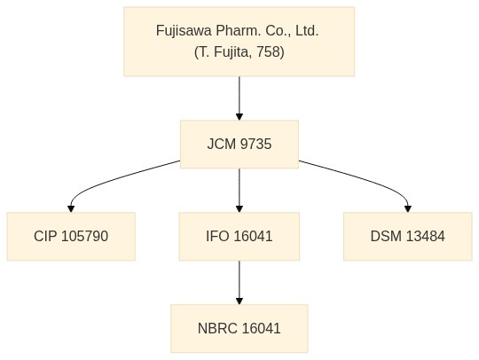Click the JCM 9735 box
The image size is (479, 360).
[x=239, y=145]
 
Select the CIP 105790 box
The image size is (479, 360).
[x=71, y=237]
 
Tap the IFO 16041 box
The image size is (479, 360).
[x=239, y=237]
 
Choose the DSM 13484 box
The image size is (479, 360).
[x=407, y=237]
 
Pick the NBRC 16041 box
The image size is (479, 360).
[x=239, y=329]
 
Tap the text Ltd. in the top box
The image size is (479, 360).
[x=307, y=31]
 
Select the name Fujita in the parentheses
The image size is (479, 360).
[x=232, y=51]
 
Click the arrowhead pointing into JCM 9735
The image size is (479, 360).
[x=239, y=117]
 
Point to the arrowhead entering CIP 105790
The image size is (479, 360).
[x=71, y=209]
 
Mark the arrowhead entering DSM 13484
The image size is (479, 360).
[x=407, y=209]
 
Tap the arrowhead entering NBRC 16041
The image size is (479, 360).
[x=239, y=301]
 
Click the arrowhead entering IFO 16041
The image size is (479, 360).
[x=239, y=209]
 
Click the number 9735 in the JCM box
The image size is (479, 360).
[x=255, y=145]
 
